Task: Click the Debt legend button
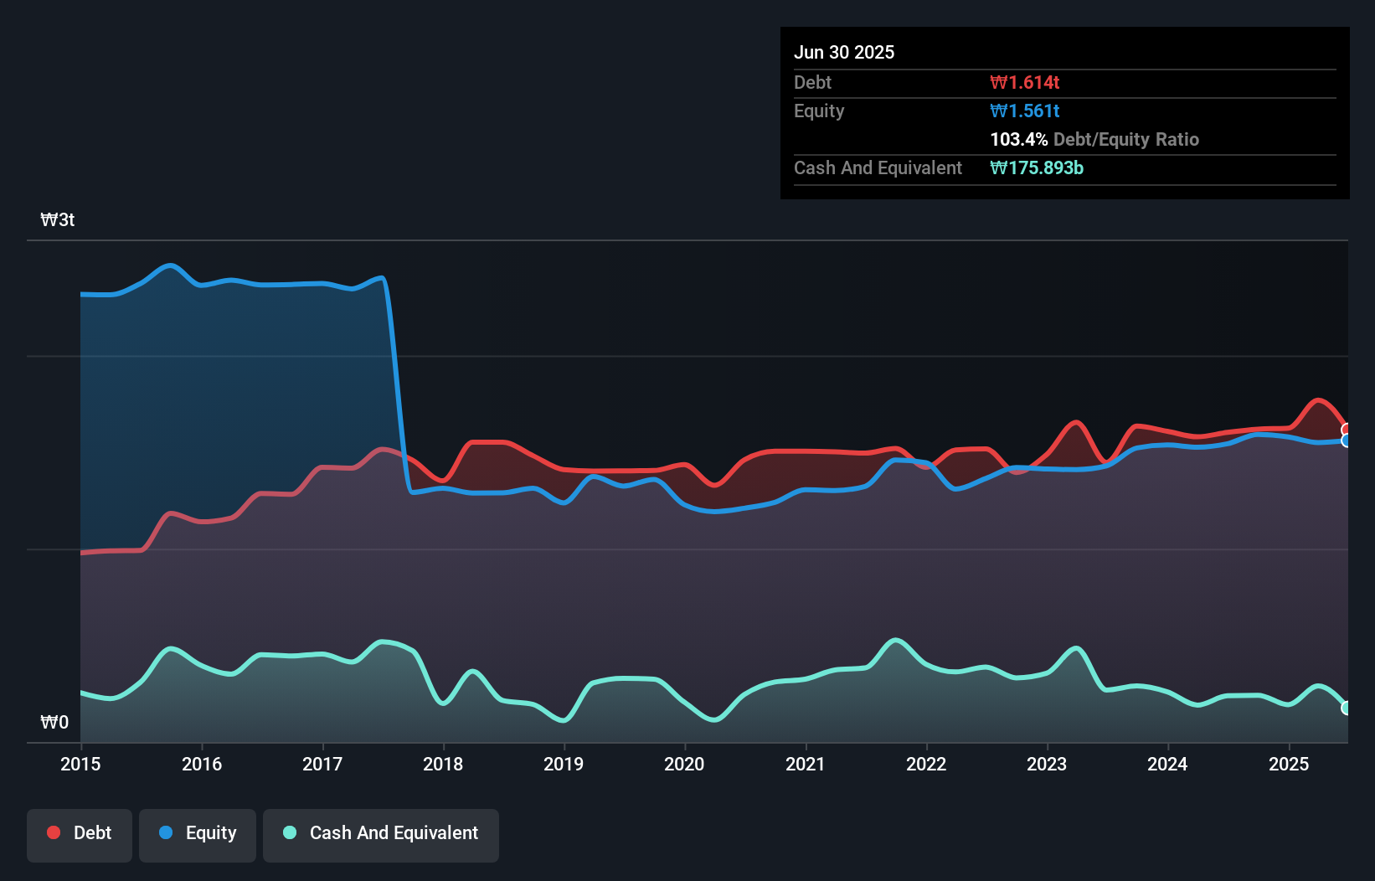(80, 833)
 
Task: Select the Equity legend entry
(198, 833)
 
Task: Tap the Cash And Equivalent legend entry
(381, 833)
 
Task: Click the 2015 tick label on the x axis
(80, 764)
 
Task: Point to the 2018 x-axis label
(443, 764)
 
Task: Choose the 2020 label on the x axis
(684, 764)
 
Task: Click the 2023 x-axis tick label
(1047, 764)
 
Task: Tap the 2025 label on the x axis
(1288, 764)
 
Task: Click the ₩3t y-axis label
(58, 220)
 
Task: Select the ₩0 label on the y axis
(54, 722)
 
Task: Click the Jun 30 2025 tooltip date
(844, 52)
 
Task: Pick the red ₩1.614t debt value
(1024, 82)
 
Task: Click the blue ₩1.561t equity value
(1024, 111)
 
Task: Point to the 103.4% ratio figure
(1018, 139)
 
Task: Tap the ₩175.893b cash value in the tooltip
(1036, 167)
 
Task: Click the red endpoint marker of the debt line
(1346, 430)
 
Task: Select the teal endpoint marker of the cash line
(1346, 708)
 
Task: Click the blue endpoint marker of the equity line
(1346, 440)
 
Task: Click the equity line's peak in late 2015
(171, 265)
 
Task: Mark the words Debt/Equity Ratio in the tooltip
(1126, 139)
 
